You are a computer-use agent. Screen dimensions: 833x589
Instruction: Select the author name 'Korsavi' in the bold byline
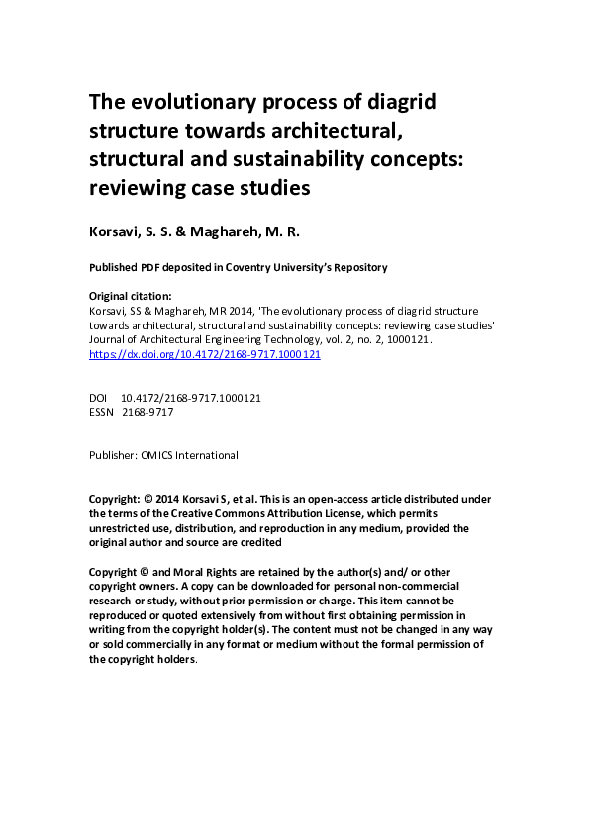121,232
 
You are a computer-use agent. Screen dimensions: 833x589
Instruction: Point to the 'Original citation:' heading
131,296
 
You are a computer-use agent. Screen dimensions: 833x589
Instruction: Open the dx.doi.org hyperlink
205,354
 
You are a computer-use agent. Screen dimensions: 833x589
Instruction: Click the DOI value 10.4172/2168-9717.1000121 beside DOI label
191,398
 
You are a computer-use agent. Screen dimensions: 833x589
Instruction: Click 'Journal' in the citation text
109,339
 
